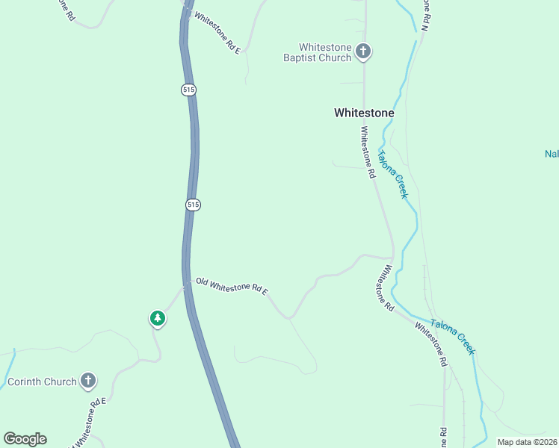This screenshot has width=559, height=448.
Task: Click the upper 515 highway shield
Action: click(x=188, y=90)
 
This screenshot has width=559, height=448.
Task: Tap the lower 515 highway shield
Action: click(x=193, y=205)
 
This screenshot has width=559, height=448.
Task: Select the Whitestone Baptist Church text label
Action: click(x=317, y=52)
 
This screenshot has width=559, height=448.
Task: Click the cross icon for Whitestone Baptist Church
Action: click(x=363, y=52)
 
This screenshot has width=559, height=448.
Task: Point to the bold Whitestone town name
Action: click(x=363, y=113)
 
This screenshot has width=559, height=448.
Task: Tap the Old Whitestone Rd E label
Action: click(x=232, y=286)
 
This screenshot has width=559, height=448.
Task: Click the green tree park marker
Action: click(x=157, y=319)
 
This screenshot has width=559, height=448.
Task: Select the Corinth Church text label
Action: click(x=42, y=382)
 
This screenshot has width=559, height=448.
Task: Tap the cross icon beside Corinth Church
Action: click(x=88, y=381)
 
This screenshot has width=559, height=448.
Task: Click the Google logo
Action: click(x=25, y=439)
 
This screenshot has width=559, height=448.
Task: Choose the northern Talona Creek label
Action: click(x=392, y=175)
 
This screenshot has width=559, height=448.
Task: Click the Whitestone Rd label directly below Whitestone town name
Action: click(x=368, y=152)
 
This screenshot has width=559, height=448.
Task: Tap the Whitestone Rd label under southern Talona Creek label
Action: click(x=430, y=343)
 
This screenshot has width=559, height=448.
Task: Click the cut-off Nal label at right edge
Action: click(x=552, y=155)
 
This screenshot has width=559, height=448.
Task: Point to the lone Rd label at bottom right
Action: click(x=443, y=437)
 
